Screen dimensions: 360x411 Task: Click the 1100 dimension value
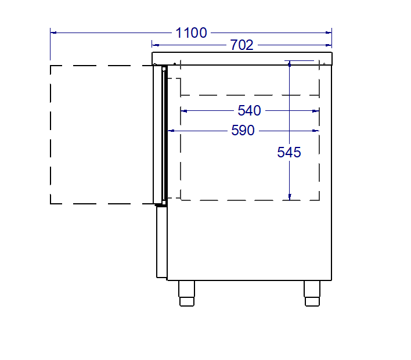191,33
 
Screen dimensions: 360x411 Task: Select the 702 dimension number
242,45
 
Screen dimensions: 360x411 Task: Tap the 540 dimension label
250,110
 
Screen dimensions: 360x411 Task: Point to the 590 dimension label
243,131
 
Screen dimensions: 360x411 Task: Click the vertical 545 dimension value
289,152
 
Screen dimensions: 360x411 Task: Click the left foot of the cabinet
186,293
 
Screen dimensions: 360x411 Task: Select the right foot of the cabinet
312,293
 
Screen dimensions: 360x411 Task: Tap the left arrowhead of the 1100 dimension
53,33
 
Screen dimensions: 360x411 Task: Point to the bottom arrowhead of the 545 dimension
290,197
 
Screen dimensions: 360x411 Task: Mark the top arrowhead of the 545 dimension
290,63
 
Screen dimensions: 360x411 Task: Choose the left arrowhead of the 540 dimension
184,110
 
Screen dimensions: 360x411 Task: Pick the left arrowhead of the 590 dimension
171,131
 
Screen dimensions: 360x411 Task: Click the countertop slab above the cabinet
242,59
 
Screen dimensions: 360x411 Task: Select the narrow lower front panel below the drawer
161,242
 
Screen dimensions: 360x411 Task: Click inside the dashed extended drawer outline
102,135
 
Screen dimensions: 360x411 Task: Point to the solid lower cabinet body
250,241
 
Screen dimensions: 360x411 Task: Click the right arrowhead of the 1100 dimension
329,33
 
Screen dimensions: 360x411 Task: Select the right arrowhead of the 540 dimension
316,110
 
